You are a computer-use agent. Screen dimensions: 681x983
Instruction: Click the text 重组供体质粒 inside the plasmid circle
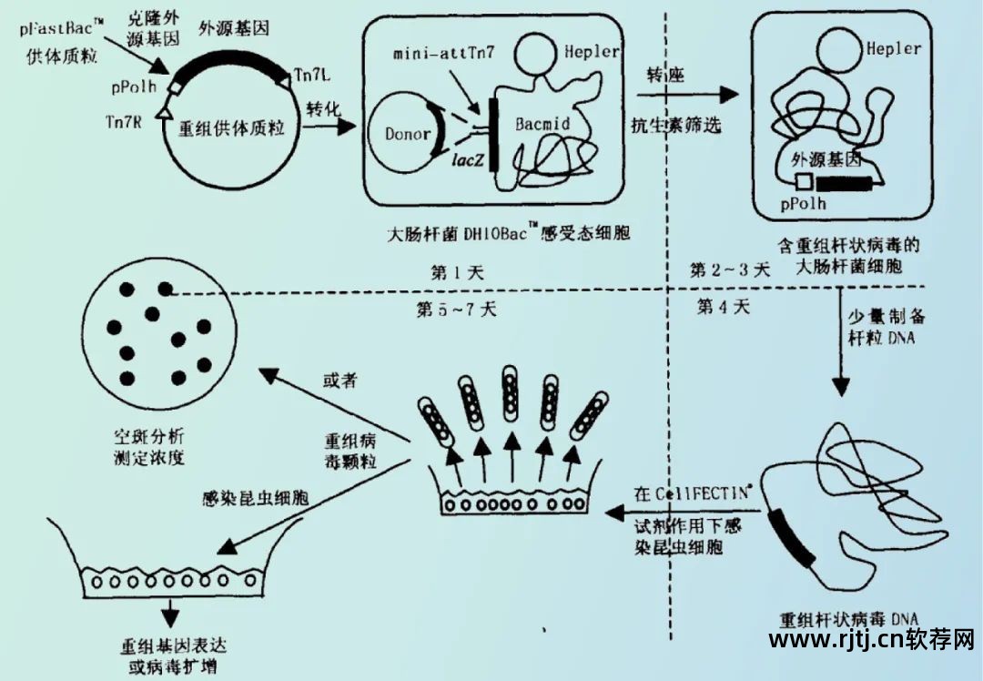pos(235,129)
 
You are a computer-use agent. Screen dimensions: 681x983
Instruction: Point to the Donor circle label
pos(408,134)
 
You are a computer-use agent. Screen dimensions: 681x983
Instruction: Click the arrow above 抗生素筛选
pos(679,95)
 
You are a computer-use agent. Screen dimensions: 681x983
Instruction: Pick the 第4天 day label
pos(724,306)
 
